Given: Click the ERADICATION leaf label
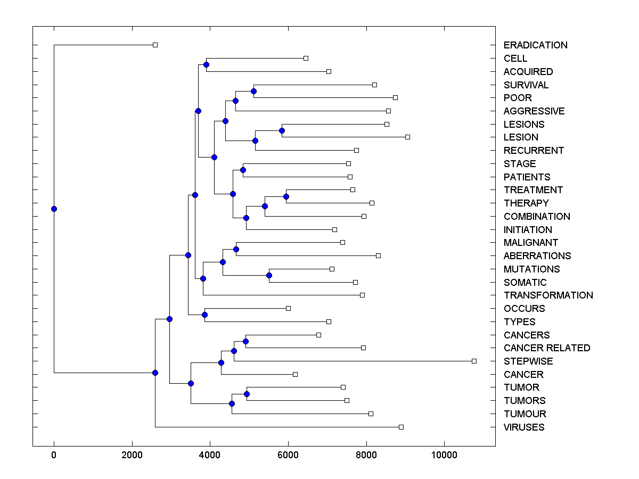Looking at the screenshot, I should [535, 45].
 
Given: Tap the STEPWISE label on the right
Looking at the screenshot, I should [528, 361].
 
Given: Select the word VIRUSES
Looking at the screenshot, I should [524, 427].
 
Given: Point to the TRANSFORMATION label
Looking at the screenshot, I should [548, 295].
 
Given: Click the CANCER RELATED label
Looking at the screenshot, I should [546, 348].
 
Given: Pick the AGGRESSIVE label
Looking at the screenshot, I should [534, 111].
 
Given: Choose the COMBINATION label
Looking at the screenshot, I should [536, 217].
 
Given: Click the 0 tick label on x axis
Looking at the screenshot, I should [54, 455].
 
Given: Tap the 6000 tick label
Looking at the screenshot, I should [288, 455].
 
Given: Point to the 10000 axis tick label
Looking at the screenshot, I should [444, 455].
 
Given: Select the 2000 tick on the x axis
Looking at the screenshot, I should [132, 455].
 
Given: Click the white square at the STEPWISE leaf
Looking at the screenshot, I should [474, 361].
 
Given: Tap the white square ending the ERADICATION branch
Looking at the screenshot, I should [155, 45].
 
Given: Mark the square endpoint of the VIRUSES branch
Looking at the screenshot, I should [401, 427].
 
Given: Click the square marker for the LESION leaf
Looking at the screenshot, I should [407, 137].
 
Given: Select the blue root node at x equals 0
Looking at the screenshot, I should [54, 209].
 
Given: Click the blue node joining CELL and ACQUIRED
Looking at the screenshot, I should [206, 64].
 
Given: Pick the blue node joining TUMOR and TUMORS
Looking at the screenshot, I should [247, 394].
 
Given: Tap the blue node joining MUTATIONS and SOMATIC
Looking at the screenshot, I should [269, 275].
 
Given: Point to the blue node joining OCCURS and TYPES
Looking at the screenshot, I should [204, 315].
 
